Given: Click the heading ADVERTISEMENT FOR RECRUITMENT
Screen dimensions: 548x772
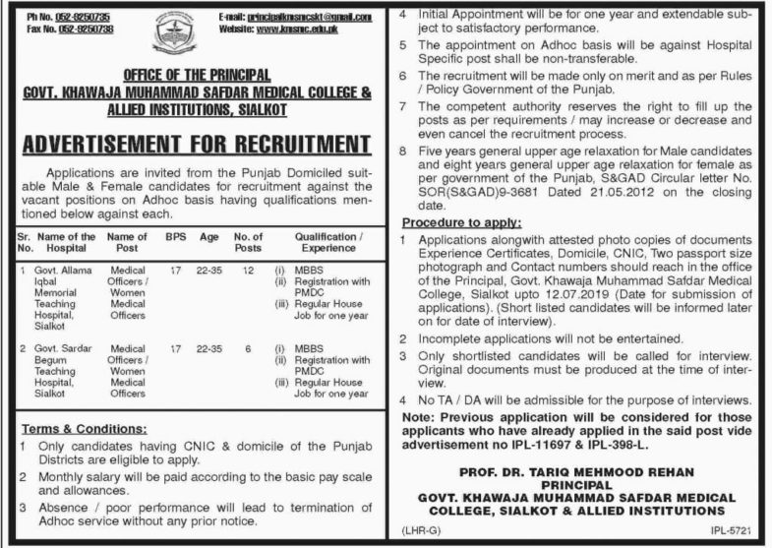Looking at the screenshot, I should pyautogui.click(x=196, y=146).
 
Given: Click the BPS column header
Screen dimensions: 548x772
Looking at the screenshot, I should pyautogui.click(x=175, y=237).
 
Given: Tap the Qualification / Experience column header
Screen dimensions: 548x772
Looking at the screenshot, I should pyautogui.click(x=333, y=242).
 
